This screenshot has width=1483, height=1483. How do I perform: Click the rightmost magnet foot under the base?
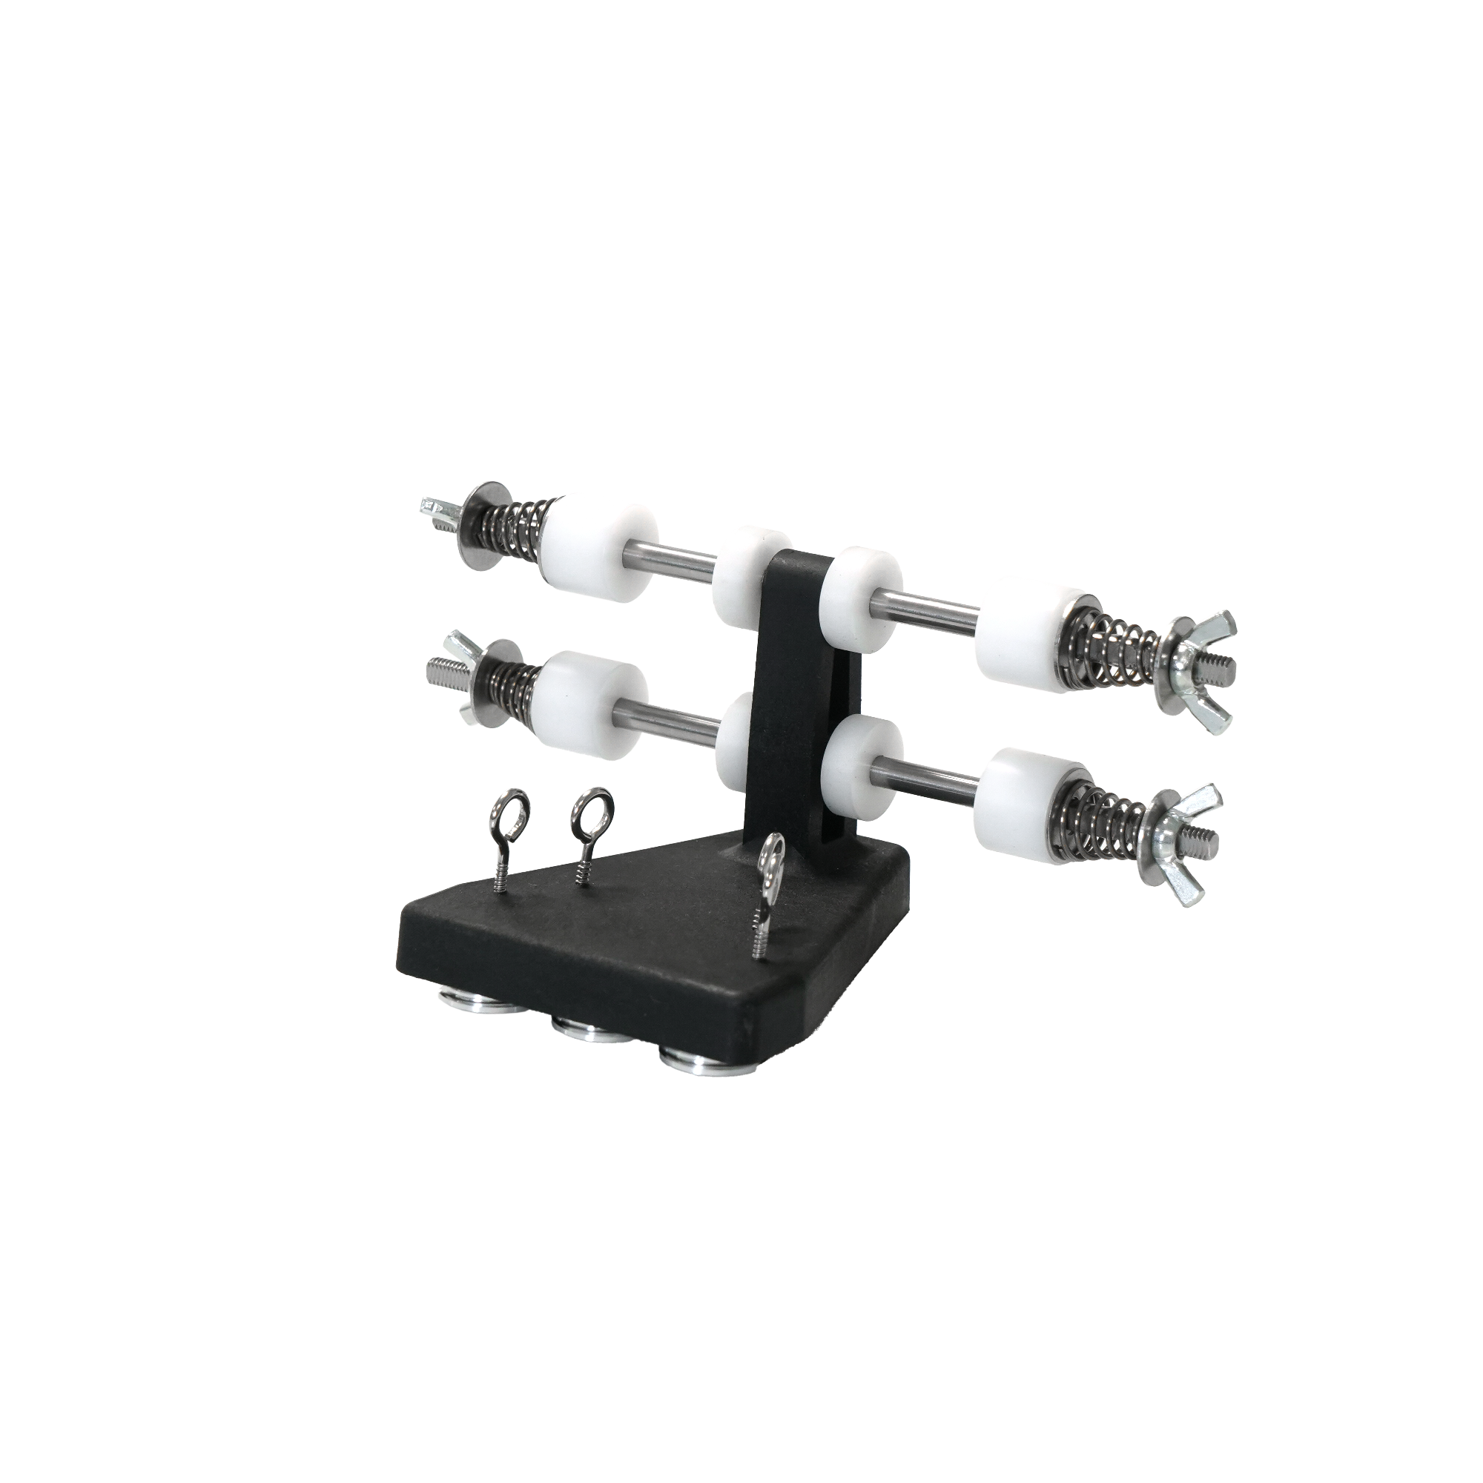[696, 1063]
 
